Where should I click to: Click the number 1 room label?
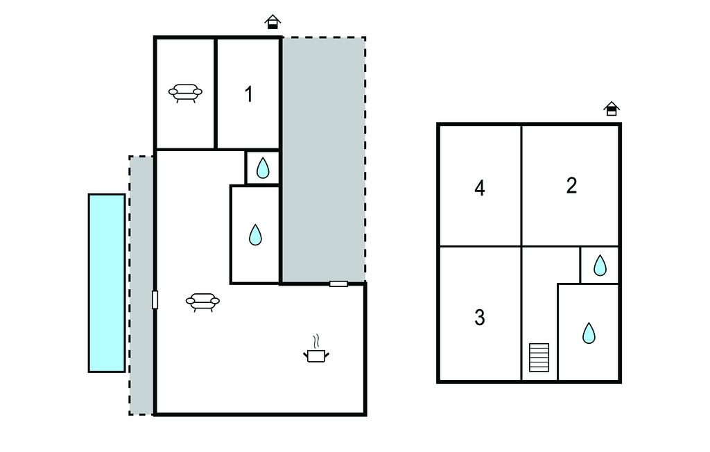click(249, 95)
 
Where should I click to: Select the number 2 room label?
click(571, 186)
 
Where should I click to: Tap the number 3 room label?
click(480, 318)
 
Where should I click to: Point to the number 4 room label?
click(480, 188)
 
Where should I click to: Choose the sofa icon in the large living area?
click(203, 302)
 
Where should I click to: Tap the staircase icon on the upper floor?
click(539, 357)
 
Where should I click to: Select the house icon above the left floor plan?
click(272, 21)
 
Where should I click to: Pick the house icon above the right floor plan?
click(612, 109)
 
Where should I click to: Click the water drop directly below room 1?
click(263, 168)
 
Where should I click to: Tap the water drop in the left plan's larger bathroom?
click(255, 234)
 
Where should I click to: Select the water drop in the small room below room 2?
click(600, 266)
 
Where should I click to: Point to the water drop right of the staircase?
click(589, 333)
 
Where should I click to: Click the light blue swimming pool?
click(107, 283)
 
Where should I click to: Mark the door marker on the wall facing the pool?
click(155, 299)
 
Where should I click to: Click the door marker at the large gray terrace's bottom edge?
click(338, 284)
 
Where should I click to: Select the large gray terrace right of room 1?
click(324, 160)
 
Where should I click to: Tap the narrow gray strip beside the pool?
click(141, 286)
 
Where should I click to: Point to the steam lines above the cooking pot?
click(316, 340)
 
